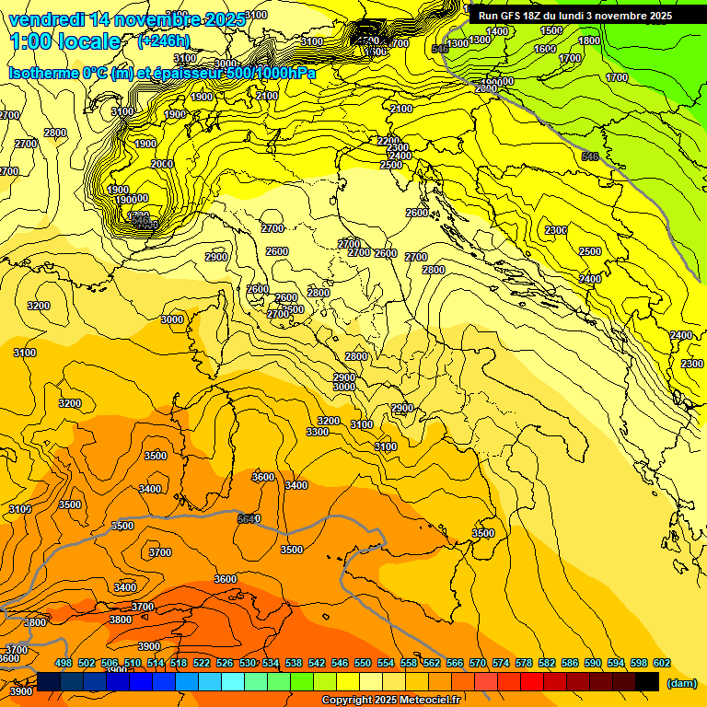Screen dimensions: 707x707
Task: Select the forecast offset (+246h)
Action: tap(163, 41)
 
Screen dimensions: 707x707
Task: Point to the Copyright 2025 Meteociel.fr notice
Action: tap(390, 700)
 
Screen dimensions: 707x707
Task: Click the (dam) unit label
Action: tap(681, 682)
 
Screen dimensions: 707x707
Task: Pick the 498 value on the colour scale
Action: tap(64, 664)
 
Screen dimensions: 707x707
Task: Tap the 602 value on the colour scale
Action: tap(661, 664)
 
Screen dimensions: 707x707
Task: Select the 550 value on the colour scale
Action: tap(363, 664)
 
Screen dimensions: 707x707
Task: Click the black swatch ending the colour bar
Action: tap(647, 681)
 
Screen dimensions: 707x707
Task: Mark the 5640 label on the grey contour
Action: tap(249, 519)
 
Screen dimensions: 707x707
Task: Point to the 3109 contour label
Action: tap(20, 509)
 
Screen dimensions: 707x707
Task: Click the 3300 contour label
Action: tap(318, 432)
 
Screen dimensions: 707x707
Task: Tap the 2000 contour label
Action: tap(162, 164)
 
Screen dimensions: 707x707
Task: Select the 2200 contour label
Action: tap(388, 141)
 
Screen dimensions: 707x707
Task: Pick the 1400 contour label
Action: tap(497, 31)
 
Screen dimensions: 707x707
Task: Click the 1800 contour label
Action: tap(590, 41)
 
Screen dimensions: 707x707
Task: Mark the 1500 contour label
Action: tap(551, 30)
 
